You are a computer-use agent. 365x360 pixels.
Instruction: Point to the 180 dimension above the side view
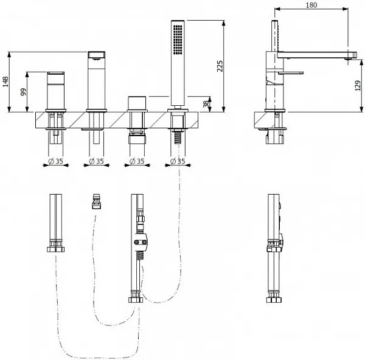point(312,5)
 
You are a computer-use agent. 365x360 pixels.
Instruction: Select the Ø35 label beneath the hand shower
point(178,161)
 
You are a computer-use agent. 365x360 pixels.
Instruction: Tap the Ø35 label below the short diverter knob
point(137,161)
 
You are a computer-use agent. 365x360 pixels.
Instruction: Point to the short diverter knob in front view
point(136,102)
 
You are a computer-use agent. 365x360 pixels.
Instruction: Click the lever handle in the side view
point(292,73)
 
